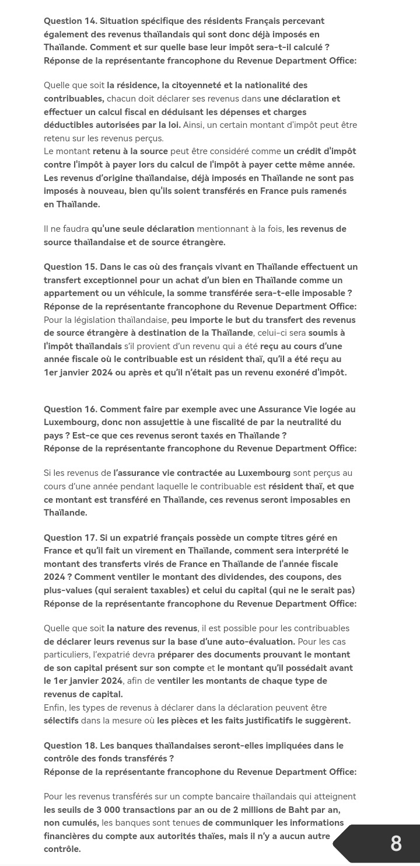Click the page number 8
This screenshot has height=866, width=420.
[396, 843]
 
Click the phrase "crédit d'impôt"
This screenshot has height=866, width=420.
[327, 151]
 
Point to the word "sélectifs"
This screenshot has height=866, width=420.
[61, 721]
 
